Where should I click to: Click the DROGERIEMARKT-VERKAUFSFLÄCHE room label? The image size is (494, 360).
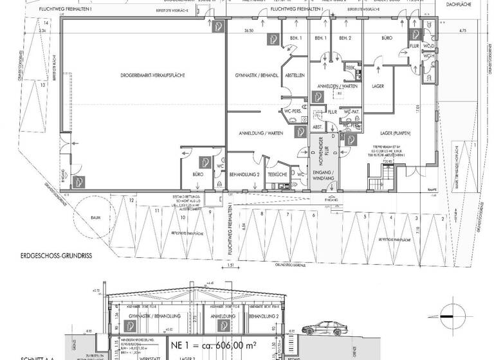(x=152, y=76)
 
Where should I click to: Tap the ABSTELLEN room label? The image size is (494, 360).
(x=295, y=75)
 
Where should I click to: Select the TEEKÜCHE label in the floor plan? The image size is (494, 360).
(x=276, y=174)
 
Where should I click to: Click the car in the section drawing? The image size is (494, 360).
(x=324, y=328)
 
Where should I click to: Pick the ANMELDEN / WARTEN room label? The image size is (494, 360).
(x=333, y=85)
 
